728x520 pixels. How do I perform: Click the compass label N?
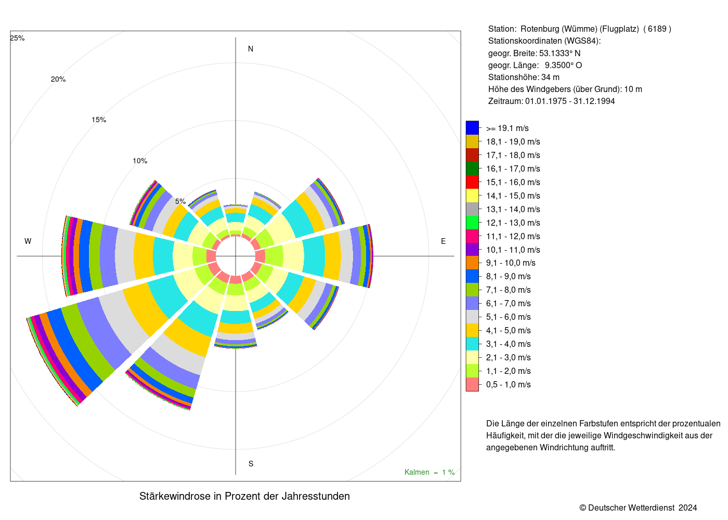coord(251,49)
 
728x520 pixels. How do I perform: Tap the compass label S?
coord(251,464)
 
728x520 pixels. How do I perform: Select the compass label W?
coord(28,241)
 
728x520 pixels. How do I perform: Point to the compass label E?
coord(443,241)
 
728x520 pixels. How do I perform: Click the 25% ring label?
coord(17,38)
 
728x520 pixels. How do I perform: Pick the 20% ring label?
coord(58,79)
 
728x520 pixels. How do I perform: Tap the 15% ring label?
coord(99,120)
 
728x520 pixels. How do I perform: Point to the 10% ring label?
coord(140,161)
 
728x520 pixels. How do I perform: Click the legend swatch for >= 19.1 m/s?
coord(472,128)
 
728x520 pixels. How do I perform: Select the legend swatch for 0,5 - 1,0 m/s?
coord(472,384)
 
